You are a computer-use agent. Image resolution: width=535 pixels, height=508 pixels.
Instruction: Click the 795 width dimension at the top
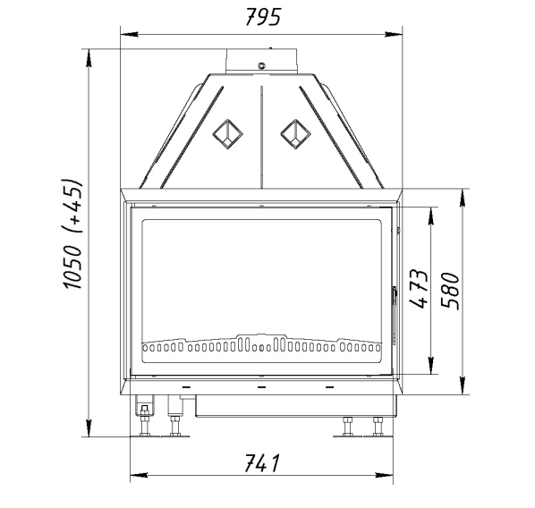click(263, 17)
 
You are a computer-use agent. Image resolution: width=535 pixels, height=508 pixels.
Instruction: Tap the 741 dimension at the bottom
click(262, 463)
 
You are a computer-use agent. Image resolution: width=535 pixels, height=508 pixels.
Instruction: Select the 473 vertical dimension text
click(419, 289)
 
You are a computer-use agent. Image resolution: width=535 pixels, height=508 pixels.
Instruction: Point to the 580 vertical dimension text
click(450, 291)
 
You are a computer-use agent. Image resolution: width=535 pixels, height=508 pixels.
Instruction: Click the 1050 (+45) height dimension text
click(72, 233)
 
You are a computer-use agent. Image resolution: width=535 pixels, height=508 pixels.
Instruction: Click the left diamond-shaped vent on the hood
click(227, 134)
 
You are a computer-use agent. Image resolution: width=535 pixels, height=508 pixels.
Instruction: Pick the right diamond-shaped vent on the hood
click(295, 134)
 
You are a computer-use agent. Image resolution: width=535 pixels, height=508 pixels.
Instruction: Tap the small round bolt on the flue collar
click(262, 65)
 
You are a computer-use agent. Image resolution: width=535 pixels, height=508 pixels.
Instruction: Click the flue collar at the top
click(261, 61)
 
